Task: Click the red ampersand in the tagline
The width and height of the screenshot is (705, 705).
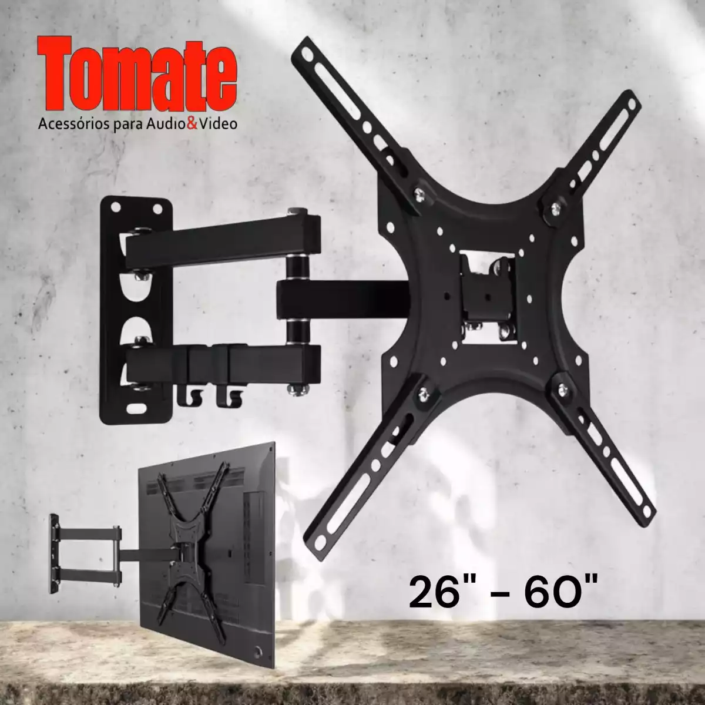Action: click(x=191, y=125)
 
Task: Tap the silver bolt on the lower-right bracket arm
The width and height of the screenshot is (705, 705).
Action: click(x=563, y=388)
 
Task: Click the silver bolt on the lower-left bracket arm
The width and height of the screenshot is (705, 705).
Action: click(x=423, y=392)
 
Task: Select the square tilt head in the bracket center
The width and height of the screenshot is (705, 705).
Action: click(x=486, y=289)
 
